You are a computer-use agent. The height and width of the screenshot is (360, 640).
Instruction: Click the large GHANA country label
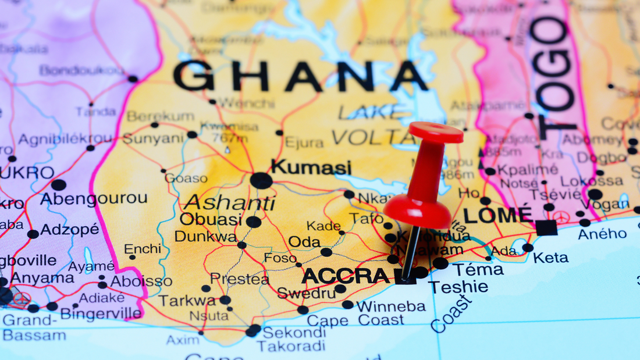tap(300, 76)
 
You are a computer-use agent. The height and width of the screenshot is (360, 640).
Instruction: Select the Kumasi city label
tap(311, 167)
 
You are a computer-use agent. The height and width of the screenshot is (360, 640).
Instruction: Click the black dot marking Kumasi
tap(261, 180)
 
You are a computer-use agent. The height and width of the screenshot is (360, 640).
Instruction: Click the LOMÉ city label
tap(498, 215)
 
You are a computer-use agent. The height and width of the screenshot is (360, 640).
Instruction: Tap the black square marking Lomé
tap(546, 227)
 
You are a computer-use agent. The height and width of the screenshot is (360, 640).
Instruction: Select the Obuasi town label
tap(211, 219)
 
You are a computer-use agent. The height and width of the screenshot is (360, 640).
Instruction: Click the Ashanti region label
tap(229, 202)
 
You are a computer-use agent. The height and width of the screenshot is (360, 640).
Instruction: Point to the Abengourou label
tap(94, 198)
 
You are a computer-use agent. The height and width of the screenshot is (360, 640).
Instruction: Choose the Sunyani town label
tap(153, 138)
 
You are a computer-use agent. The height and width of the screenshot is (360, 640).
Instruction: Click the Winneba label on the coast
tap(391, 306)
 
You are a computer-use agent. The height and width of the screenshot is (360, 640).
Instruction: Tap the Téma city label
tap(478, 270)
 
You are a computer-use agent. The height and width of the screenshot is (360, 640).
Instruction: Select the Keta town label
tap(550, 258)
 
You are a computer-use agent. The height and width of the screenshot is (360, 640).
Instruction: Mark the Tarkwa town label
tap(187, 301)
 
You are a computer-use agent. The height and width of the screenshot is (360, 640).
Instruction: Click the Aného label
tap(602, 234)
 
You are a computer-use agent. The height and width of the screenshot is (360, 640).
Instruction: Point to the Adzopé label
tap(70, 229)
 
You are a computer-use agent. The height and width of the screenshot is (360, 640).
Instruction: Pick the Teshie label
tap(458, 287)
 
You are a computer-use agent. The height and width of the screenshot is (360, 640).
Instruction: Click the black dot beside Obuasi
tap(254, 222)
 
